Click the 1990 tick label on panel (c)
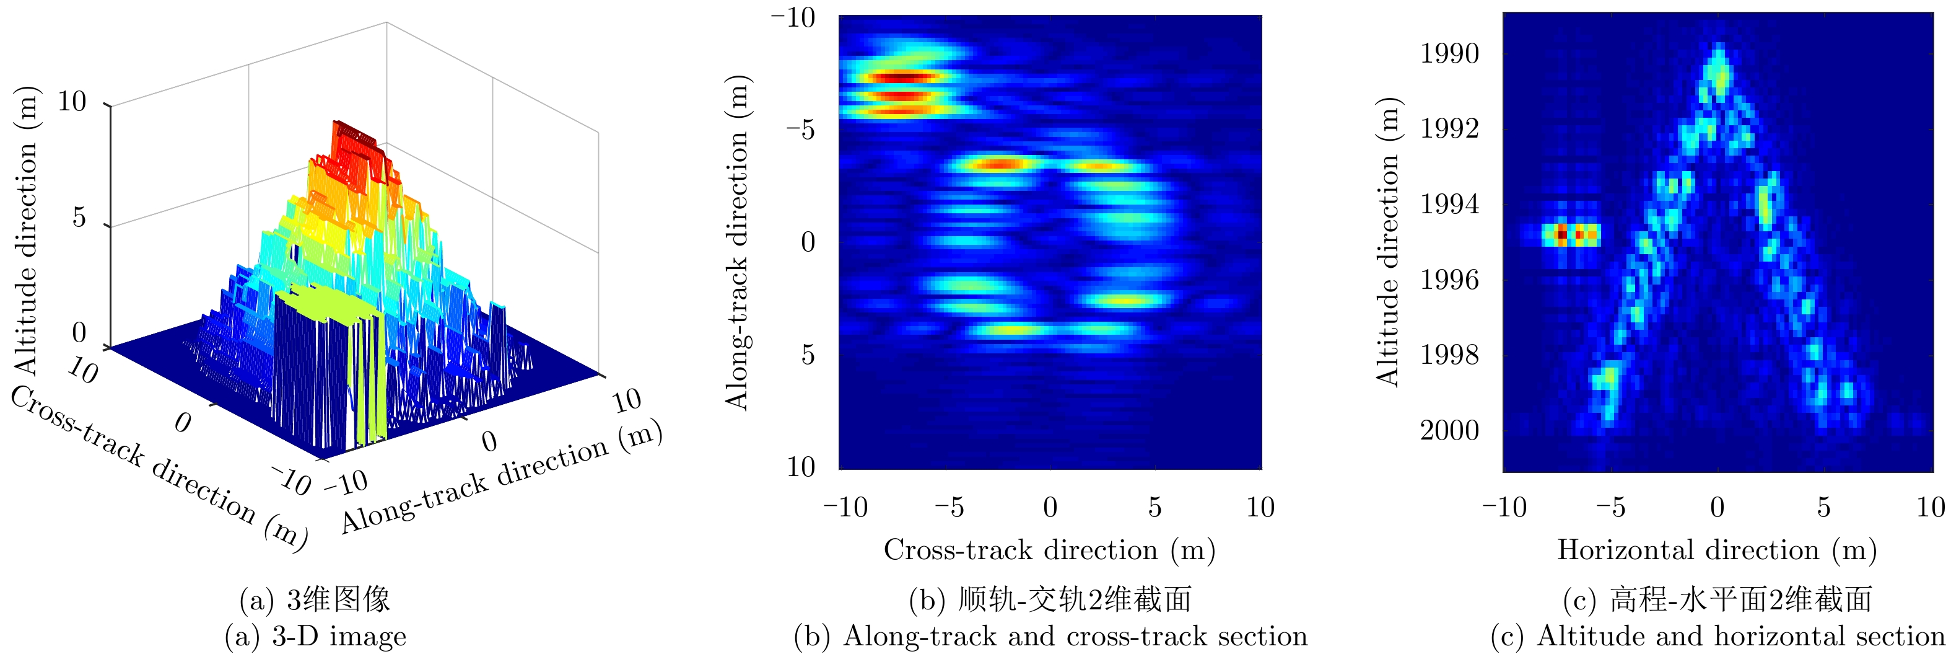(x=1449, y=54)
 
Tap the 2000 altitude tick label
(x=1449, y=430)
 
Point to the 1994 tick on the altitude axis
(x=1449, y=205)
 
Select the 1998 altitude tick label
(x=1449, y=355)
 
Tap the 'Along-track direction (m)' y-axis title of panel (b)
(x=737, y=242)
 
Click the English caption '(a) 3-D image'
(x=315, y=637)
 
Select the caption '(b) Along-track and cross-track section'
(x=1050, y=637)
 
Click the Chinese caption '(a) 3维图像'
(x=315, y=599)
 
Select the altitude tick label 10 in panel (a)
(x=72, y=102)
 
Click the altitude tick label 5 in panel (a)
(x=79, y=218)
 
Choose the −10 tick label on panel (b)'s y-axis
(x=793, y=17)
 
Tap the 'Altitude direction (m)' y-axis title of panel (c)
(x=1387, y=242)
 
